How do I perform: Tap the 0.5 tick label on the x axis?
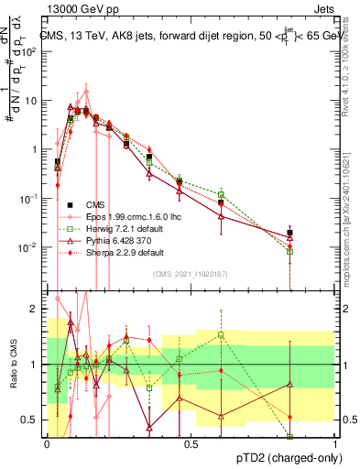point(191,443)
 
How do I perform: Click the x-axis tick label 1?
point(334,443)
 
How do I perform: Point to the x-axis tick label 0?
point(47,443)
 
